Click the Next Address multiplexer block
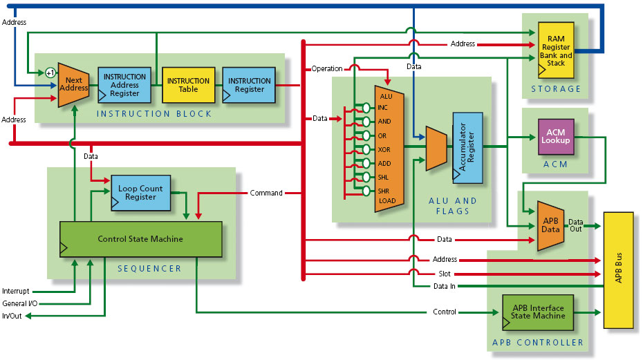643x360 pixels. pos(73,84)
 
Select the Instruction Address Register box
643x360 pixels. pos(124,85)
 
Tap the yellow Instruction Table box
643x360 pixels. pos(188,85)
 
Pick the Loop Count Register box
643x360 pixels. pos(140,193)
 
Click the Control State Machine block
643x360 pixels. pos(140,239)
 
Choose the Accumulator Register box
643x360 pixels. pos(467,146)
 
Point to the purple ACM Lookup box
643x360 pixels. pos(556,136)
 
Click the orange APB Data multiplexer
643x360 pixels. pos(550,225)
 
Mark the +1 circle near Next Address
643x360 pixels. pos(50,73)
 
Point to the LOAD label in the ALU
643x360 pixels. pos(386,201)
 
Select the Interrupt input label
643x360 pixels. pos(16,291)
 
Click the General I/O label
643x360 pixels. pos(19,303)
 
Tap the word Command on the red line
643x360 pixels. pos(266,193)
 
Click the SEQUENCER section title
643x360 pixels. pos(149,268)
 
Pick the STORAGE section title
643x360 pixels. pos(556,88)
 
